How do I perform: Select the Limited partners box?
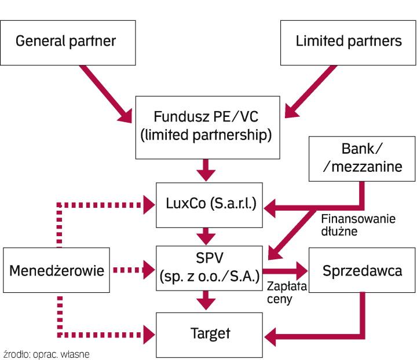click(348, 41)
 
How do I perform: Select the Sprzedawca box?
click(362, 270)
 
